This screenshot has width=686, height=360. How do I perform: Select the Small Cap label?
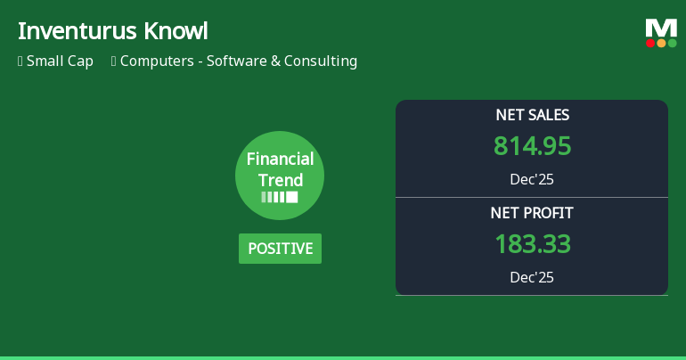tap(60, 61)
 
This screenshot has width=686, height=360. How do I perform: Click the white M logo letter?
tap(661, 29)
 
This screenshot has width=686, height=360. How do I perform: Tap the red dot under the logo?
tap(650, 43)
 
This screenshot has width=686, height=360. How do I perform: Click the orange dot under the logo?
tap(661, 43)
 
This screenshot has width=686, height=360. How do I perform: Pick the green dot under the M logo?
tap(672, 43)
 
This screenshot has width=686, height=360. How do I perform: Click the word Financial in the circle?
tap(280, 160)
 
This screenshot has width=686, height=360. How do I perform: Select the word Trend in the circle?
tap(280, 180)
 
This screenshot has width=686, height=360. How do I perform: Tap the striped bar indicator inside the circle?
tap(280, 197)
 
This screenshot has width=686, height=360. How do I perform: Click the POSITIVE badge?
tap(280, 249)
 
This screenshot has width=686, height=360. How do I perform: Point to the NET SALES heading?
tap(532, 115)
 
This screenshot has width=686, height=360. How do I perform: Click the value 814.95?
tap(532, 146)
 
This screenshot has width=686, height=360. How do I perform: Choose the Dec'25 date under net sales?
tap(532, 179)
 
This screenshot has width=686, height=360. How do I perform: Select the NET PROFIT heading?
tap(532, 213)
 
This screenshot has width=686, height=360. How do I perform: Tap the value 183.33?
tap(532, 244)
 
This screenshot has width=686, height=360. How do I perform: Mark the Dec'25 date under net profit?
tap(532, 277)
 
